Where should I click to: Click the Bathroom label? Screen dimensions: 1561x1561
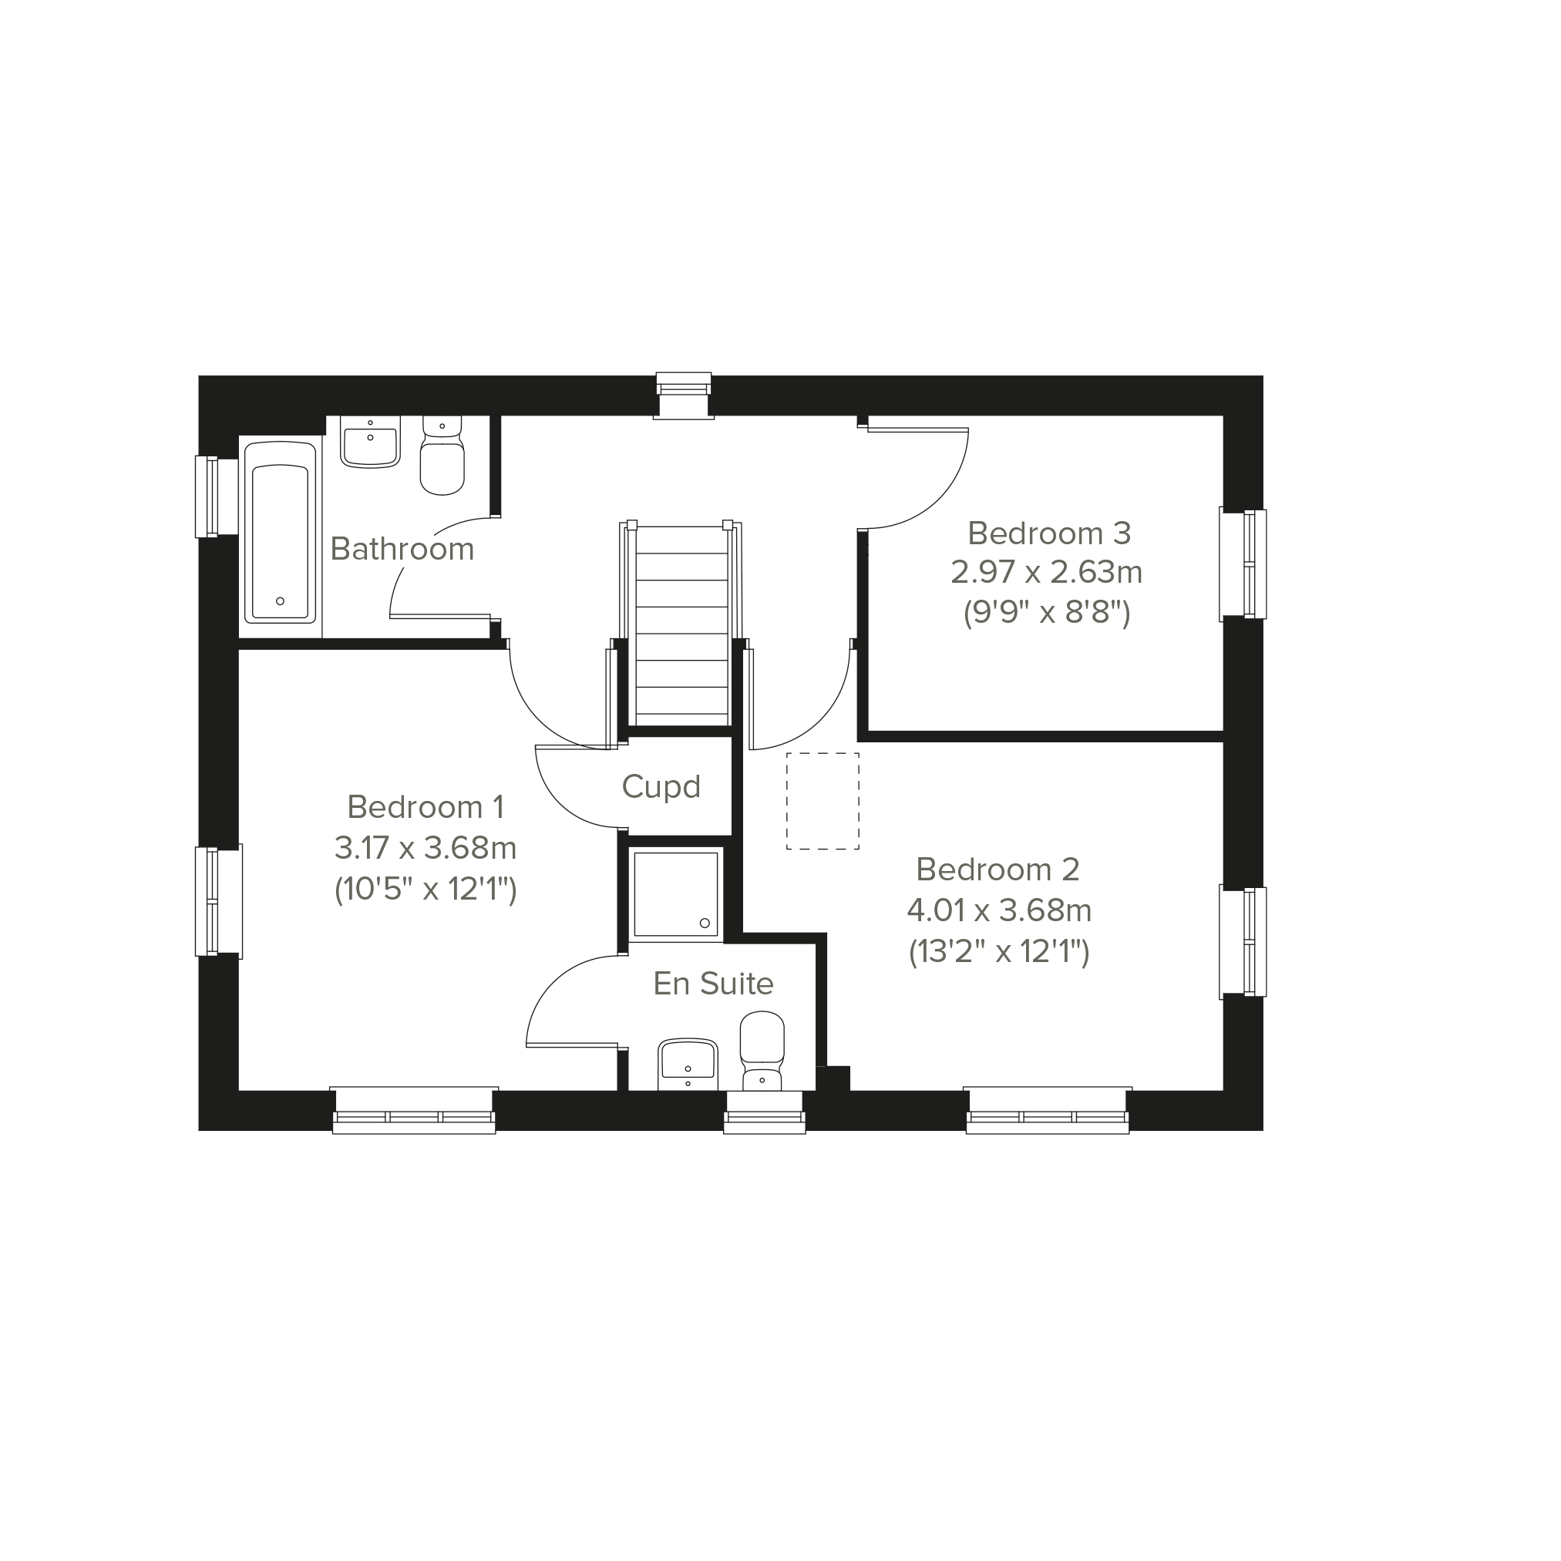[x=402, y=550]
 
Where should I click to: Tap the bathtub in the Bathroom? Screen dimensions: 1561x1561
[x=280, y=533]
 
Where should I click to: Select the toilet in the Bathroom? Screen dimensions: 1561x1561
[x=442, y=455]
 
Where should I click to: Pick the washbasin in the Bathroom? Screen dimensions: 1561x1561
[x=370, y=442]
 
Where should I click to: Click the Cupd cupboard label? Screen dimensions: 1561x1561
[x=661, y=787]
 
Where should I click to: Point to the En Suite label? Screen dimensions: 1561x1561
[x=714, y=984]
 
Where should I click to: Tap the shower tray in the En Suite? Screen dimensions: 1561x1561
[x=675, y=895]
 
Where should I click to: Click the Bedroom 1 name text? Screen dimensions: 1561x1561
[x=426, y=806]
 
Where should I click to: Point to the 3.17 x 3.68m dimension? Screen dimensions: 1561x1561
[x=426, y=847]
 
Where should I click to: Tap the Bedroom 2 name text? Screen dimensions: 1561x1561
[x=997, y=869]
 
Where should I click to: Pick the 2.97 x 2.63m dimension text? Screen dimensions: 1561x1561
[x=1046, y=572]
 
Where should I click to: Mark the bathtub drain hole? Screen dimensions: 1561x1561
[x=281, y=601]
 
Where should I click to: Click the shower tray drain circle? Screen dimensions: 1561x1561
[x=705, y=923]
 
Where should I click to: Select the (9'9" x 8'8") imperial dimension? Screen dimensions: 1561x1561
[x=1046, y=614]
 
